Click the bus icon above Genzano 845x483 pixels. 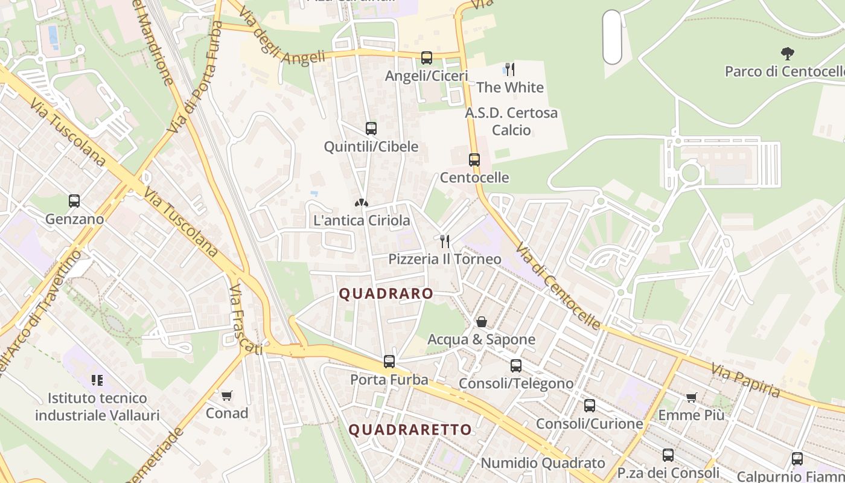[x=74, y=201]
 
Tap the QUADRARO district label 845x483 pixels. [x=386, y=294]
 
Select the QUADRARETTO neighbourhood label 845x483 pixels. [x=410, y=430]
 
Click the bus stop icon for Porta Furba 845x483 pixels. [x=389, y=362]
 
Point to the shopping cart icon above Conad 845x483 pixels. [x=226, y=396]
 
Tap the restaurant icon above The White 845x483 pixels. [x=510, y=69]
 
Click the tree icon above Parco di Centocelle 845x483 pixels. [x=787, y=54]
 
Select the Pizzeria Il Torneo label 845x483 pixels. [x=445, y=260]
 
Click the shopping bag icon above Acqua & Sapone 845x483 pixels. [x=482, y=322]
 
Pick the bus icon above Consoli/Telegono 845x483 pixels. [x=516, y=366]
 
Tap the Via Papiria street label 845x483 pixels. [x=745, y=380]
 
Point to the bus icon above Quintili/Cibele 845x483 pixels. [x=371, y=129]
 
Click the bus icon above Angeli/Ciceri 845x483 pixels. [x=427, y=58]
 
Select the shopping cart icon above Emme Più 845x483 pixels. [x=691, y=397]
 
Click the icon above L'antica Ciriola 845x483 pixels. [x=361, y=203]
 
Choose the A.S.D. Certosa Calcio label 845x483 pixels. [x=511, y=121]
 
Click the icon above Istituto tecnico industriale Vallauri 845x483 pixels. [x=97, y=380]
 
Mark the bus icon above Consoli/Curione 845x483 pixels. [x=590, y=406]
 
